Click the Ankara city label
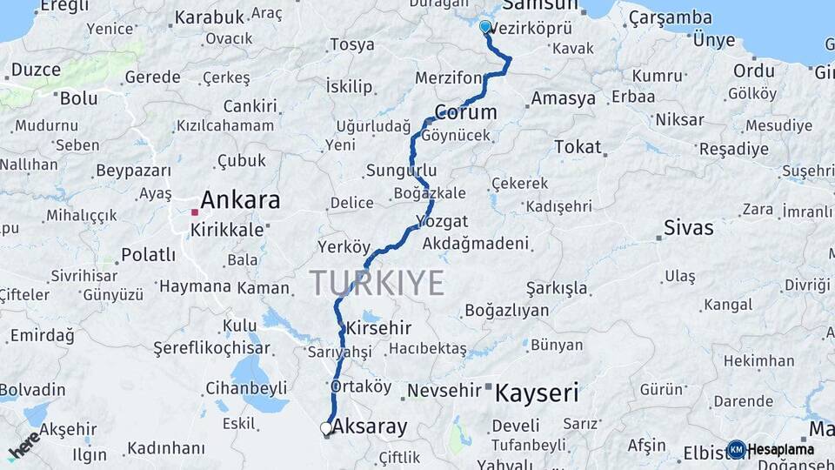click(x=241, y=200)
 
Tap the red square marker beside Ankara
click(x=196, y=211)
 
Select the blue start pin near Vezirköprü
click(x=485, y=26)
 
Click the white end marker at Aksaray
click(x=326, y=428)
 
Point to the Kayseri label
click(x=537, y=393)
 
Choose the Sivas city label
click(x=688, y=228)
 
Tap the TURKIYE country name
click(x=377, y=283)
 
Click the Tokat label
click(x=578, y=147)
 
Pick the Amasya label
click(x=563, y=98)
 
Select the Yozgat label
click(x=442, y=221)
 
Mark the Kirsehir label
click(x=378, y=329)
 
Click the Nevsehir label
click(x=444, y=391)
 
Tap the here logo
click(x=23, y=446)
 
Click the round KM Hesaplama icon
click(x=737, y=449)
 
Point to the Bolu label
click(x=78, y=98)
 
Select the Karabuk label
click(x=210, y=17)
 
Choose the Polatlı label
click(x=148, y=255)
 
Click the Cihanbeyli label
click(x=246, y=388)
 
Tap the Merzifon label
click(x=448, y=78)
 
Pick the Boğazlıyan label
click(x=506, y=311)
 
